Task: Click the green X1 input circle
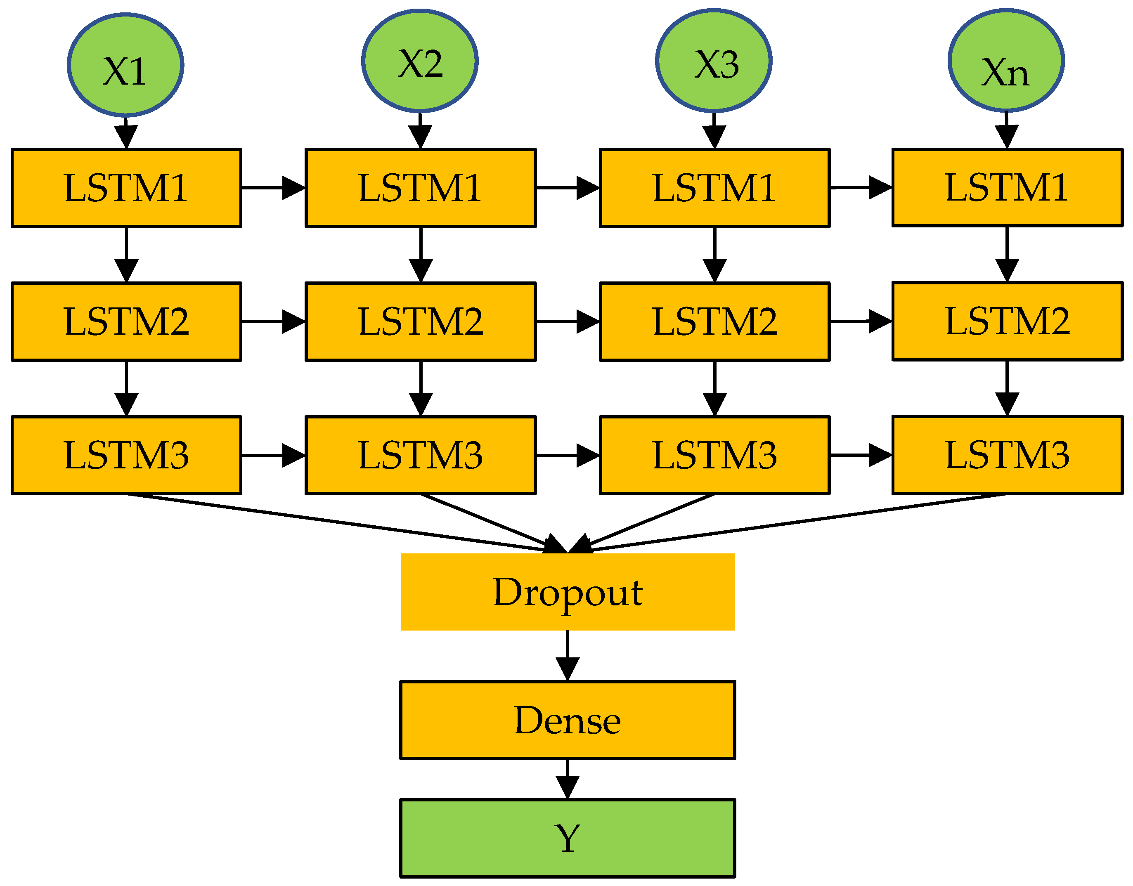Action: [x=125, y=65]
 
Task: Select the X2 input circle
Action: [x=420, y=61]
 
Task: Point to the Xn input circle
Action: [x=1006, y=61]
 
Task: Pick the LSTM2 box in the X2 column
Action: [x=421, y=321]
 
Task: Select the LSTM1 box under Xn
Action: [x=1008, y=188]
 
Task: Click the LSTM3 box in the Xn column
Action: [x=1008, y=455]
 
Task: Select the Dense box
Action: [x=568, y=720]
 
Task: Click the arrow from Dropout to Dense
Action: [x=568, y=656]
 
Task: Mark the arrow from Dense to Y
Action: [x=568, y=779]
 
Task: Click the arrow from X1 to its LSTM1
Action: [x=126, y=133]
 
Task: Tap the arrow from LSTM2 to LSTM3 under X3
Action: [x=715, y=389]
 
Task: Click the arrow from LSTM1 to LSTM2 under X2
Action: [x=421, y=255]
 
